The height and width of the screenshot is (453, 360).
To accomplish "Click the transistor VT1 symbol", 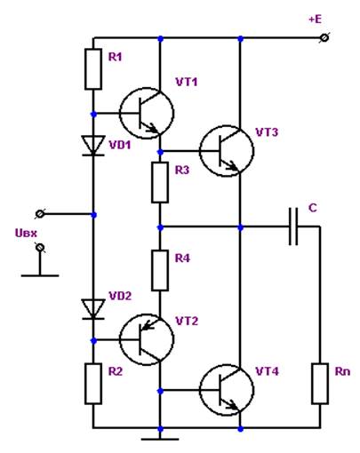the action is click(147, 113).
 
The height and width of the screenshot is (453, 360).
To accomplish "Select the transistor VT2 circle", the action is click(147, 339).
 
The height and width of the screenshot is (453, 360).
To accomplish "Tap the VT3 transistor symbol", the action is click(227, 151).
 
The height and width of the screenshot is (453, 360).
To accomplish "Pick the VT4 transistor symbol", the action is click(227, 390).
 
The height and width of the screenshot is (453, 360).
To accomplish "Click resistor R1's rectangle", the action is click(93, 69).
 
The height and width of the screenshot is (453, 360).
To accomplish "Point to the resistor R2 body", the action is click(93, 384).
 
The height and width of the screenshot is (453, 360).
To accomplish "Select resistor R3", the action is click(160, 182).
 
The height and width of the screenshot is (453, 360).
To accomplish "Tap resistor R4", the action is click(160, 270).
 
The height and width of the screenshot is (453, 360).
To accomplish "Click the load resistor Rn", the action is click(320, 384).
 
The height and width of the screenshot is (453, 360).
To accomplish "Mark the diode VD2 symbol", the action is click(93, 309).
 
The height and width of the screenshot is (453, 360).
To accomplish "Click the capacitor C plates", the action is click(293, 226).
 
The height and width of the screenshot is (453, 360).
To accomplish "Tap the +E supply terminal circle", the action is click(324, 38).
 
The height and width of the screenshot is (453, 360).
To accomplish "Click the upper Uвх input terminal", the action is click(40, 214).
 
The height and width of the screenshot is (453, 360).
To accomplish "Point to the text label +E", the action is click(315, 20).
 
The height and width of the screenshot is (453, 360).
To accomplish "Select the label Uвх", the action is click(26, 234).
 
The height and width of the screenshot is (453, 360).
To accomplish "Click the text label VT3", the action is click(267, 132).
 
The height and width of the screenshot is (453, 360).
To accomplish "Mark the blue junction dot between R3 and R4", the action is click(160, 227).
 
